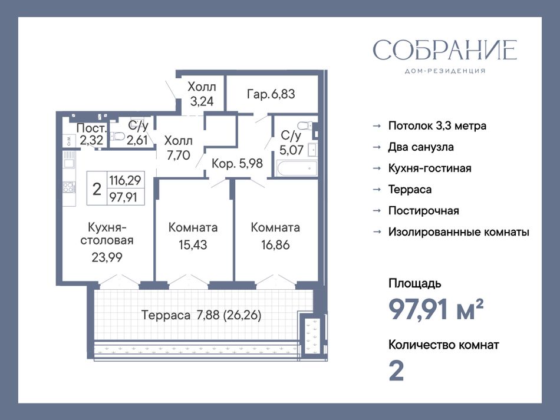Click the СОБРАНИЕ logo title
click(x=444, y=50)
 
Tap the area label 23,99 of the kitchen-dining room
click(x=107, y=257)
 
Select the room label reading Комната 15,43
click(x=193, y=236)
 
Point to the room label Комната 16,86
click(x=275, y=236)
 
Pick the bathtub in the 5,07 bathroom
click(x=297, y=168)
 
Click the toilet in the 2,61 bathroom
click(x=117, y=136)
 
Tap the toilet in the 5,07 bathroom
click(x=305, y=125)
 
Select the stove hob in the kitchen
click(x=69, y=187)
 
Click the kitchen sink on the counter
click(x=68, y=164)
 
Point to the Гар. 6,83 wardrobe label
click(x=271, y=94)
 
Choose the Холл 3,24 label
click(x=202, y=94)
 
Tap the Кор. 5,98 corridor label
click(x=237, y=163)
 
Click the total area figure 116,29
click(x=125, y=180)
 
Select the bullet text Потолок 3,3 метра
click(x=437, y=125)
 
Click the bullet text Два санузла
click(x=421, y=147)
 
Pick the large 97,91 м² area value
click(x=436, y=309)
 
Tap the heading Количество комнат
click(x=443, y=345)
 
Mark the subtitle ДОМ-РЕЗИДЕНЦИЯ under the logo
click(x=445, y=71)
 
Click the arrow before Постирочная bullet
click(x=377, y=211)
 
